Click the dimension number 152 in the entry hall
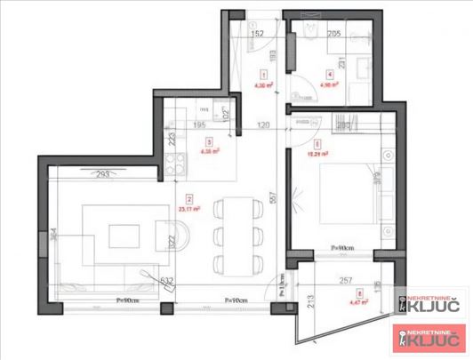256,36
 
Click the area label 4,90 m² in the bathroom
331,86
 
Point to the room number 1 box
263,75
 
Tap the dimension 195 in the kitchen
200,126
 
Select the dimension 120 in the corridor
263,126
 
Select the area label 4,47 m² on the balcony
359,302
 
